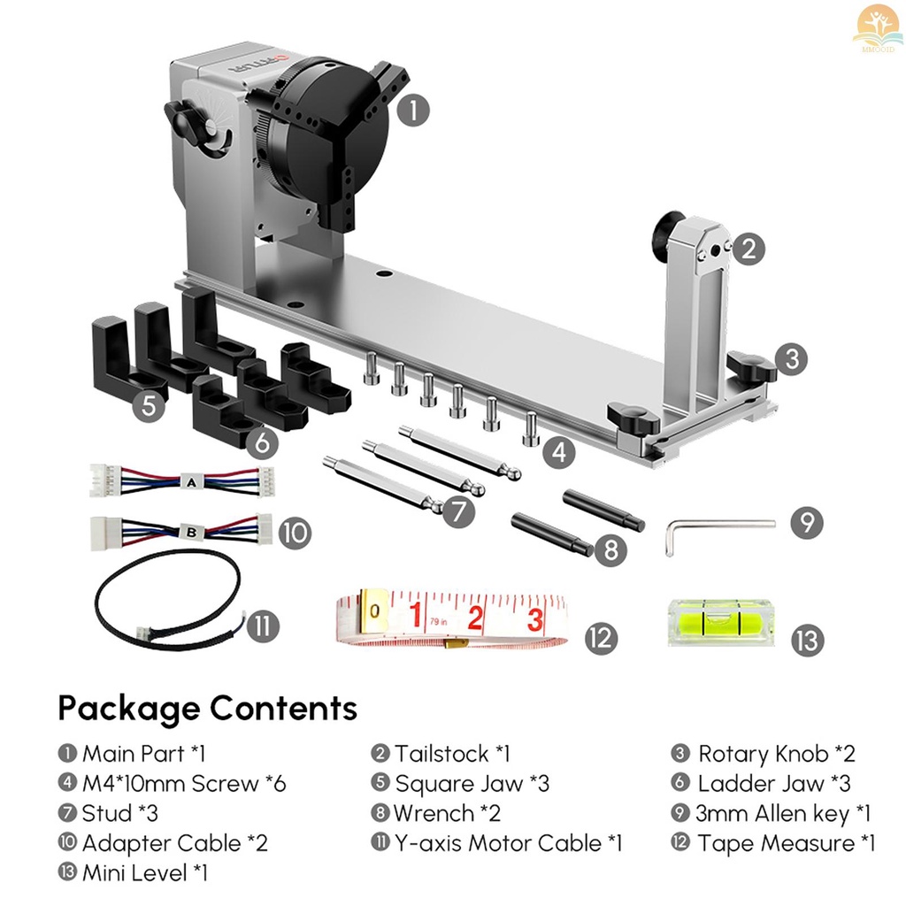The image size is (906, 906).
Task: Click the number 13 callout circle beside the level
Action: pyautogui.click(x=807, y=639)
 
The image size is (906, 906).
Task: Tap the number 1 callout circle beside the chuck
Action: pyautogui.click(x=413, y=111)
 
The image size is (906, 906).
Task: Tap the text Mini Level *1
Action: pyautogui.click(x=145, y=873)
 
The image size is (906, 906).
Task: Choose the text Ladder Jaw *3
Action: pyautogui.click(x=764, y=783)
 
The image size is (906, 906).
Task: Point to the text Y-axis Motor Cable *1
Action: pyautogui.click(x=509, y=843)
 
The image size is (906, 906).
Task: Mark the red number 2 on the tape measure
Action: pyautogui.click(x=476, y=617)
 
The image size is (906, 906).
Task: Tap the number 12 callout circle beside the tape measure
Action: pyautogui.click(x=601, y=637)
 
